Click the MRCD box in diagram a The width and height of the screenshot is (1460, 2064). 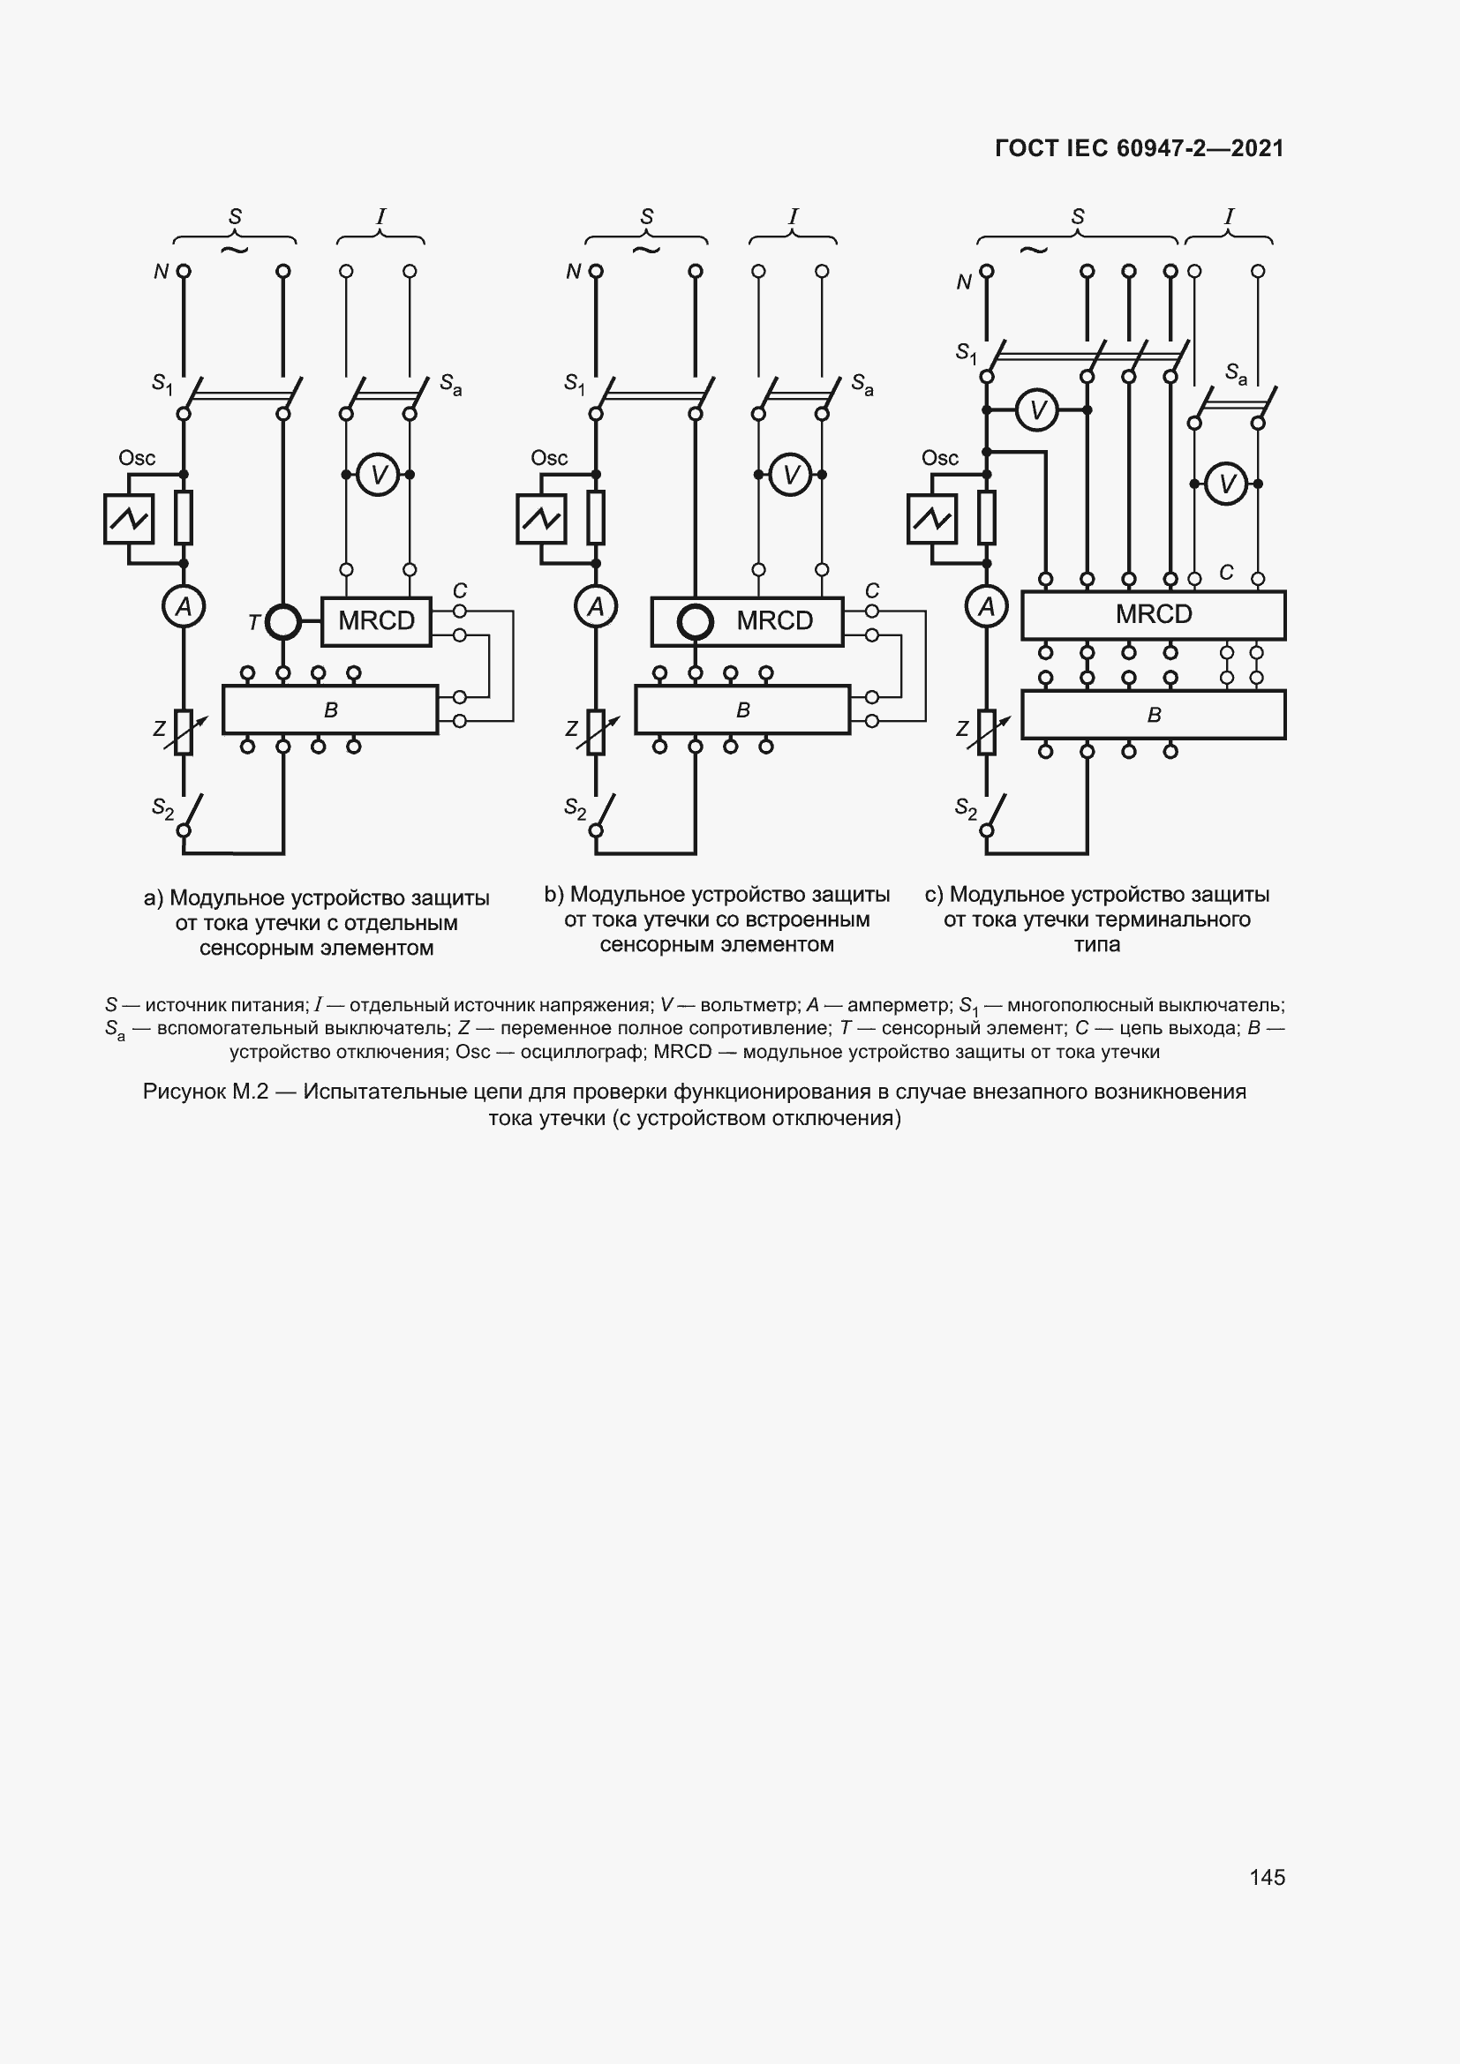[x=376, y=621]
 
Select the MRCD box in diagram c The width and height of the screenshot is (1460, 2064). [x=1154, y=615]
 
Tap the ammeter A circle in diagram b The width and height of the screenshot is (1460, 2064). [x=595, y=607]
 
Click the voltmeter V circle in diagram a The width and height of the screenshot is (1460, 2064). [x=379, y=475]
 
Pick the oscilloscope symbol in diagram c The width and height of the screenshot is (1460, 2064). [x=932, y=519]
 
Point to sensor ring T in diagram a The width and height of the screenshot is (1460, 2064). [x=283, y=621]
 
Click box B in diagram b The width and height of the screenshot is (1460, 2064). [x=742, y=710]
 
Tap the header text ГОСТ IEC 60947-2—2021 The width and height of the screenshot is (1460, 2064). [x=1139, y=148]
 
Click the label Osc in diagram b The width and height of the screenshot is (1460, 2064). [x=548, y=459]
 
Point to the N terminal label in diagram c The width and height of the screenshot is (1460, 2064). [x=964, y=282]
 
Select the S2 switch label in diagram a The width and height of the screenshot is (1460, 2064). [x=162, y=808]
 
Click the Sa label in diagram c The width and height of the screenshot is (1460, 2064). [x=1236, y=373]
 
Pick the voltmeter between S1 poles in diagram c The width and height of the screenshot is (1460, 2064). [x=1037, y=411]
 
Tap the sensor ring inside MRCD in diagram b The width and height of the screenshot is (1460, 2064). [x=695, y=621]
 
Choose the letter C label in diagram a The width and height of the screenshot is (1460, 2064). [x=459, y=590]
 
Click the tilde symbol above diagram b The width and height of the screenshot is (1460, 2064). [x=645, y=249]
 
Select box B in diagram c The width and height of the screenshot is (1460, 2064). [x=1154, y=715]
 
